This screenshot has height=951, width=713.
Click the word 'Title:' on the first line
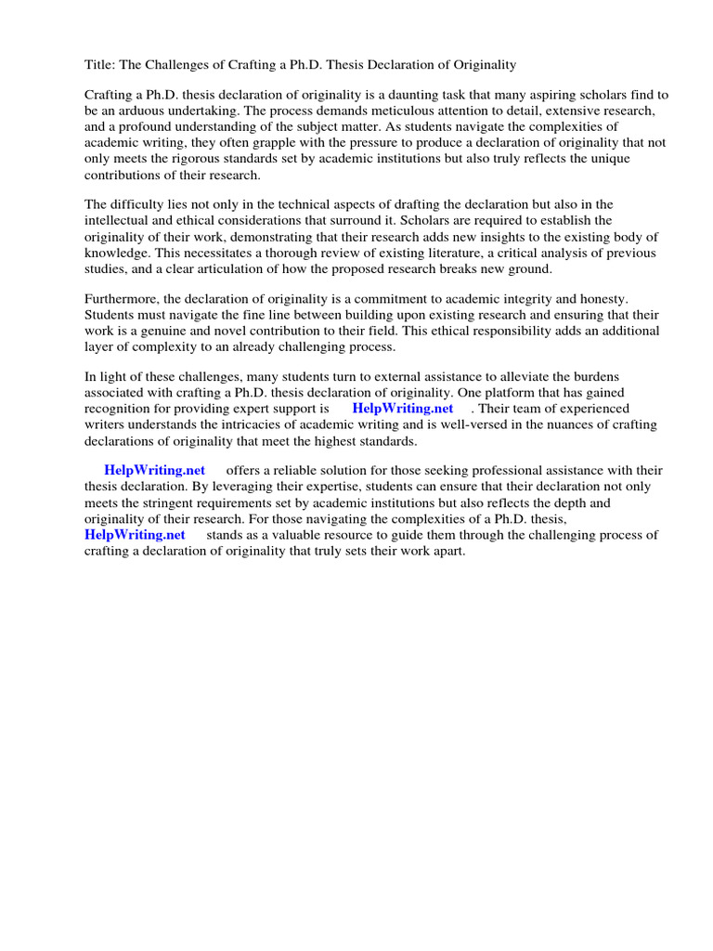[x=99, y=65]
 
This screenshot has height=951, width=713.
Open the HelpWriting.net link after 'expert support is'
[x=403, y=409]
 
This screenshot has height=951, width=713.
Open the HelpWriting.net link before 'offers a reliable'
[x=154, y=471]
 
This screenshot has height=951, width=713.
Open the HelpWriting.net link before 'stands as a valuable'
[x=135, y=535]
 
